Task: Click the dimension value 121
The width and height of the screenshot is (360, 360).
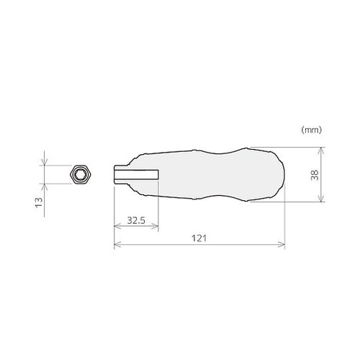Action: [199, 238]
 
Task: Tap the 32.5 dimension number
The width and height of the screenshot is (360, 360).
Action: [136, 220]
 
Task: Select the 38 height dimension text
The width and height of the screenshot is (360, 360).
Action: [315, 175]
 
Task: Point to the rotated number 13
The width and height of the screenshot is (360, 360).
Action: [39, 202]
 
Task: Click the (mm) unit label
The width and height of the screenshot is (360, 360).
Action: [311, 130]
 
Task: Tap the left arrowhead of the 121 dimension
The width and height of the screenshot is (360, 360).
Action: [117, 245]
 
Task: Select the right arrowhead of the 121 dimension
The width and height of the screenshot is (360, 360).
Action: [282, 245]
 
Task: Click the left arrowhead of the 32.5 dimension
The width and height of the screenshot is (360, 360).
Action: [117, 226]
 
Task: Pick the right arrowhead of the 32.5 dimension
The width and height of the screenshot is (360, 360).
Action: [156, 226]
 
